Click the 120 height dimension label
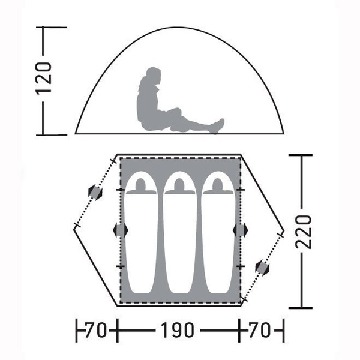[43, 78]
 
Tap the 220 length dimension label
[303, 232]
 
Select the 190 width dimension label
[177, 330]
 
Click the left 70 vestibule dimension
[97, 330]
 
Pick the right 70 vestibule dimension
[260, 330]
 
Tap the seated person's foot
[218, 125]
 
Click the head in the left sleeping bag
[141, 185]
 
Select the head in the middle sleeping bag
[179, 185]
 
